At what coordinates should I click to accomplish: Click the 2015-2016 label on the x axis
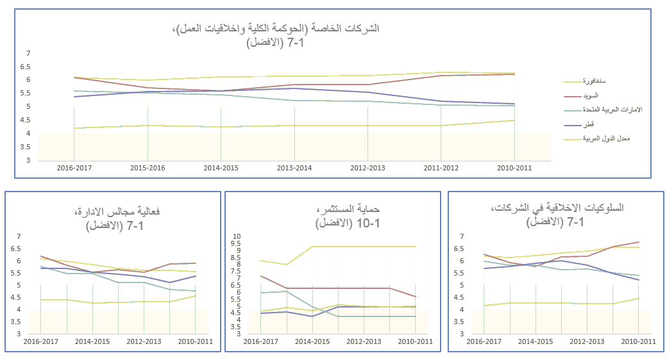pos(148,167)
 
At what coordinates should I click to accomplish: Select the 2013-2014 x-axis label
pos(294,167)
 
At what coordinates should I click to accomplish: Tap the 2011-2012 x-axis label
pos(441,167)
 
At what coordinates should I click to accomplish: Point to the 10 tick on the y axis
pos(236,236)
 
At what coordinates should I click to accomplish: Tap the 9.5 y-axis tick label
pos(236,243)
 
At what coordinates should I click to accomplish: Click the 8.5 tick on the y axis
pos(236,258)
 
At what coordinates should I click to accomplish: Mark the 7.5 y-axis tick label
pos(236,272)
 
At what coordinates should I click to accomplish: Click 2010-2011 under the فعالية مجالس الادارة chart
pos(195,341)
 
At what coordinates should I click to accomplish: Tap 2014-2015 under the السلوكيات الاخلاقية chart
pos(536,341)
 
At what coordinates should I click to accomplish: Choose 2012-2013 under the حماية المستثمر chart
pos(364,341)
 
